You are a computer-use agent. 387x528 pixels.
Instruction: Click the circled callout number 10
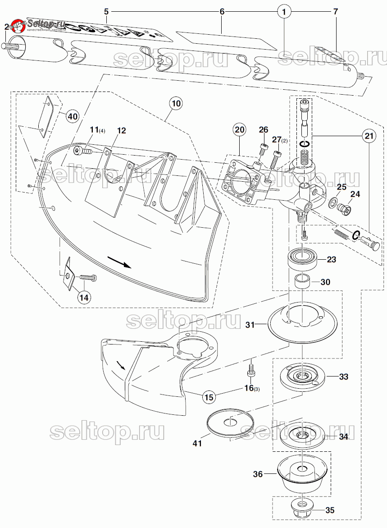tap(176, 103)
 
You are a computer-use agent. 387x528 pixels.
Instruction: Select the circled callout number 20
tap(239, 130)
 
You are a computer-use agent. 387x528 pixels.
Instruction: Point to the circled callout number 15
tap(208, 397)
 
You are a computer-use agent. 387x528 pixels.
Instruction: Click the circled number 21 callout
tap(369, 135)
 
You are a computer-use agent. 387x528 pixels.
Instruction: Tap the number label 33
tap(343, 376)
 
